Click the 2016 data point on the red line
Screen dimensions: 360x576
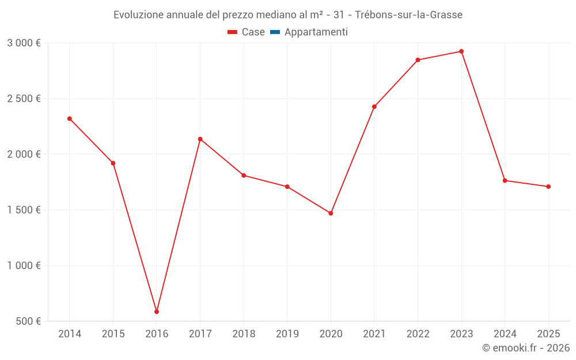pos(157,312)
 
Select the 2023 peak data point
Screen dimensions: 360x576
pos(461,51)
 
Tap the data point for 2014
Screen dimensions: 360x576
pos(70,119)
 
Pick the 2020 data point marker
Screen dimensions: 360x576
pos(331,213)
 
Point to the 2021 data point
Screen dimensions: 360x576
pos(374,107)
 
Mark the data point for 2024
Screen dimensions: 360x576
pos(505,180)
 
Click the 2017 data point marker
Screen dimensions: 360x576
pos(200,139)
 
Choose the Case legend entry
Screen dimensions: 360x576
pos(246,32)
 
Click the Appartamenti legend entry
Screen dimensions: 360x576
pos(309,32)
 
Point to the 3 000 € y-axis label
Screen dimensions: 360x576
pos(24,43)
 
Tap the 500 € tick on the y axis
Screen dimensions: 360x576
pos(27,321)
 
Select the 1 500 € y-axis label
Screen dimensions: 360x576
pos(24,210)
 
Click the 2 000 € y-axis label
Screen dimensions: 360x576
pos(24,154)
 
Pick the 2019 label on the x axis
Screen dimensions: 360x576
pos(287,334)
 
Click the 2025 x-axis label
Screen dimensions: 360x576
pos(548,334)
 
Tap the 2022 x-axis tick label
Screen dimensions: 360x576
pos(418,334)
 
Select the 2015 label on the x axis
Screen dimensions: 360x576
pos(113,334)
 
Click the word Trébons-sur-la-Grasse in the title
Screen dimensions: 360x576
pos(410,15)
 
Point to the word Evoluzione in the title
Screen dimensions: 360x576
pos(139,15)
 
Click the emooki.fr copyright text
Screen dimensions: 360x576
pos(526,348)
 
